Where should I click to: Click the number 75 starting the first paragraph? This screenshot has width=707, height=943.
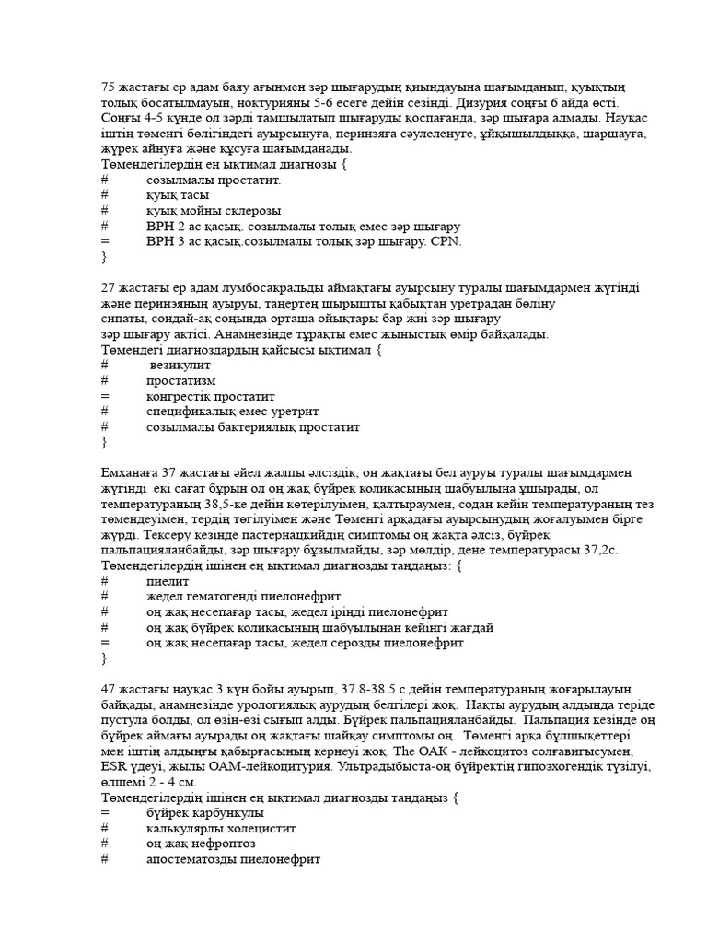pyautogui.click(x=108, y=87)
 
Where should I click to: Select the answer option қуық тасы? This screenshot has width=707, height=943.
pyautogui.click(x=177, y=195)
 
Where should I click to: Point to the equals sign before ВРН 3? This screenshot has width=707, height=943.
pyautogui.click(x=105, y=241)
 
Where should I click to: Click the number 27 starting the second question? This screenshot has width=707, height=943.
pyautogui.click(x=108, y=288)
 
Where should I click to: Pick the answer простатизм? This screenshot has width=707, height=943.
pyautogui.click(x=180, y=381)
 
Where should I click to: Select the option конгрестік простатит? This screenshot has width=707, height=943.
pyautogui.click(x=212, y=397)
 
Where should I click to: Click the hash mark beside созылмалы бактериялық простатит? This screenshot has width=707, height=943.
pyautogui.click(x=105, y=427)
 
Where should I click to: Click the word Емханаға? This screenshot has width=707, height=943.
pyautogui.click(x=130, y=473)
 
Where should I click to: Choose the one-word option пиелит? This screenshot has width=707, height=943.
pyautogui.click(x=167, y=582)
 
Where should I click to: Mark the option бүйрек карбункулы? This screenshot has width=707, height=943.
pyautogui.click(x=204, y=813)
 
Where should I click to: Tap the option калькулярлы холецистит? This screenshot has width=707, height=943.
pyautogui.click(x=220, y=829)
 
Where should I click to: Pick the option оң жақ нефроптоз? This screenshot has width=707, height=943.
pyautogui.click(x=200, y=844)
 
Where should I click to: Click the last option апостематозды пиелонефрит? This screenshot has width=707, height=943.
pyautogui.click(x=233, y=859)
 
